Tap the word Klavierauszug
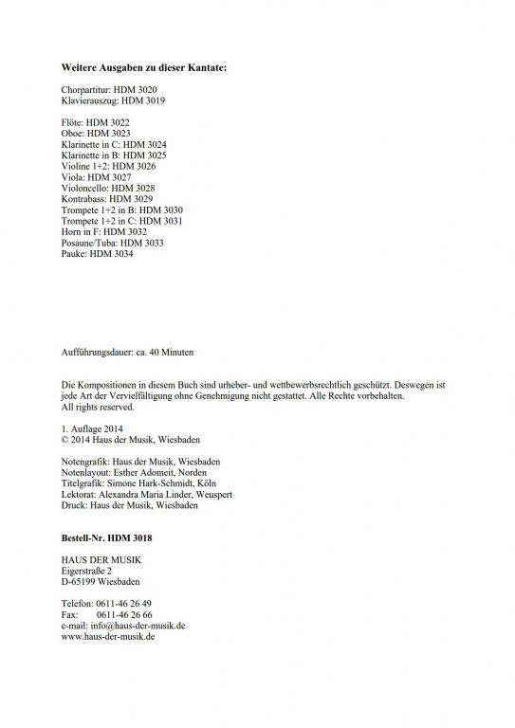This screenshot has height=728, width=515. pos(88,100)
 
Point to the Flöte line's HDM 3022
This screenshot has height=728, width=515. pos(107,122)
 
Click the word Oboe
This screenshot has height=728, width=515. pos(72,134)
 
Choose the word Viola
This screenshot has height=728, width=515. pos(72,177)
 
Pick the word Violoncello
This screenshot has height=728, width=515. pos(84,188)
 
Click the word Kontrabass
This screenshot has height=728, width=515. pos(83,199)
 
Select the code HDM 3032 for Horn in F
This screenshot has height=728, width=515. pos(125,231)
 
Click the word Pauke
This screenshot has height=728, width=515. pos(73,253)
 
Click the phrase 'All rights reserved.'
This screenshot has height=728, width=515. pos(98,407)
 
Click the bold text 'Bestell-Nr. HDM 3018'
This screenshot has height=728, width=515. pos(106,537)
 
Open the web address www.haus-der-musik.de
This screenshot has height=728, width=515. pos(107,636)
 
